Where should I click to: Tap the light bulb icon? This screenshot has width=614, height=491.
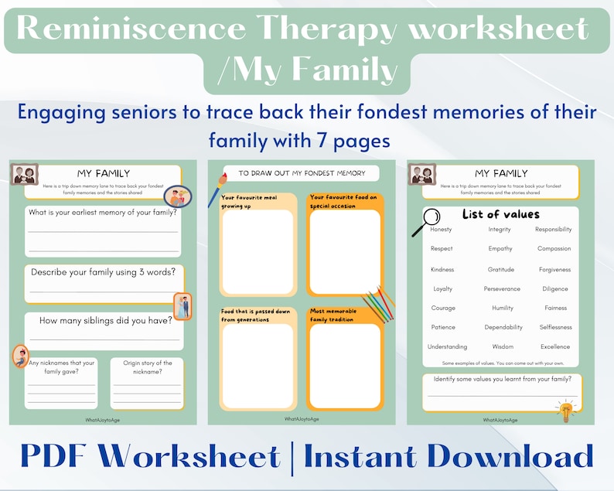click(x=568, y=410)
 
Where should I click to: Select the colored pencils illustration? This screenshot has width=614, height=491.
click(x=376, y=304)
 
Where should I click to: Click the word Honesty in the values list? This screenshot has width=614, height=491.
click(x=441, y=230)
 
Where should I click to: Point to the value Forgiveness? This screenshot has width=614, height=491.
click(x=554, y=270)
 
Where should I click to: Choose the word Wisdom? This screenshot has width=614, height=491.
click(x=502, y=347)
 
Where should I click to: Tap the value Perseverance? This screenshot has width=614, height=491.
click(x=502, y=289)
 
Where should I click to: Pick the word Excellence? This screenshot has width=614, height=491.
click(x=555, y=347)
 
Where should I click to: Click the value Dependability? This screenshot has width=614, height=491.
click(x=503, y=327)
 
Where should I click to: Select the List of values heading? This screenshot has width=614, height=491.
click(x=500, y=214)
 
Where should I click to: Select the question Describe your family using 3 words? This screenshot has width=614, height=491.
click(x=103, y=272)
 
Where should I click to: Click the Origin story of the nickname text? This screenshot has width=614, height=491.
click(x=146, y=367)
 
